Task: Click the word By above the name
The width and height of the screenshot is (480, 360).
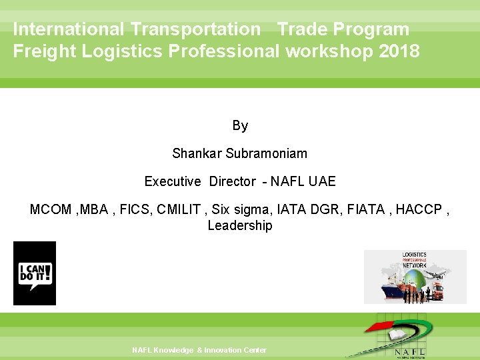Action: pyautogui.click(x=240, y=125)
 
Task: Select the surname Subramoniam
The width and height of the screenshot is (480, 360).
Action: pyautogui.click(x=267, y=153)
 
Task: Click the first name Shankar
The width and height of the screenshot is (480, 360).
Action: pyautogui.click(x=197, y=153)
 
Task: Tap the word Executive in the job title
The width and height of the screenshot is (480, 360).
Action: pyautogui.click(x=173, y=181)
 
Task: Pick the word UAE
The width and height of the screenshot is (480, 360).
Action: pyautogui.click(x=323, y=181)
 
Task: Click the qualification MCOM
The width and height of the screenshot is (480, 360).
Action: pyautogui.click(x=51, y=209)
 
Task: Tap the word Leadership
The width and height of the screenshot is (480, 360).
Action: pyautogui.click(x=240, y=225)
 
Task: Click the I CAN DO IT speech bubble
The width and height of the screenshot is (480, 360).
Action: pyautogui.click(x=35, y=274)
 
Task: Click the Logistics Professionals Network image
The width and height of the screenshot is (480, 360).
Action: pyautogui.click(x=415, y=277)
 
